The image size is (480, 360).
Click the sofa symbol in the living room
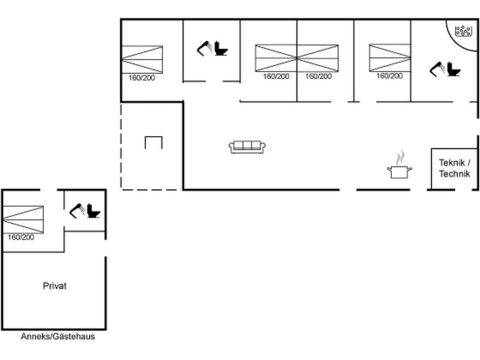click(247, 147)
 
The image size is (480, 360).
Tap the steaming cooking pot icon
click(399, 170)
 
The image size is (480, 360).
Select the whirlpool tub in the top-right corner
click(463, 31)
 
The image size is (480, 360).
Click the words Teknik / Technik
click(454, 168)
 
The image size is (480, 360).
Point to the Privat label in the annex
click(54, 286)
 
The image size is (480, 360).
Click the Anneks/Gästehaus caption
click(58, 336)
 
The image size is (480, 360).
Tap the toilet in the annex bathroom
click(93, 211)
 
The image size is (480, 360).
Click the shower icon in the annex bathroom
click(77, 210)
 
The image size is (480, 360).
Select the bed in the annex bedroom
click(23, 219)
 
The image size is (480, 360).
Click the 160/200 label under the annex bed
click(21, 237)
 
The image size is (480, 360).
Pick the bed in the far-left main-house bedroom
click(142, 59)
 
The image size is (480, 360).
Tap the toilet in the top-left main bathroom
click(220, 48)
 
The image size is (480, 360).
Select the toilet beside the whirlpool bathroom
click(454, 69)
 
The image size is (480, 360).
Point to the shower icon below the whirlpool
click(437, 69)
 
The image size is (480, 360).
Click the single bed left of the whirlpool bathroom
click(389, 58)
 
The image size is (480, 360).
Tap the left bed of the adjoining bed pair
click(276, 58)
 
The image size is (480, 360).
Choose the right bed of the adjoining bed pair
click(318, 58)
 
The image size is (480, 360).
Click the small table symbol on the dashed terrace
click(153, 142)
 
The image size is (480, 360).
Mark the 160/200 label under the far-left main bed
click(142, 78)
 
